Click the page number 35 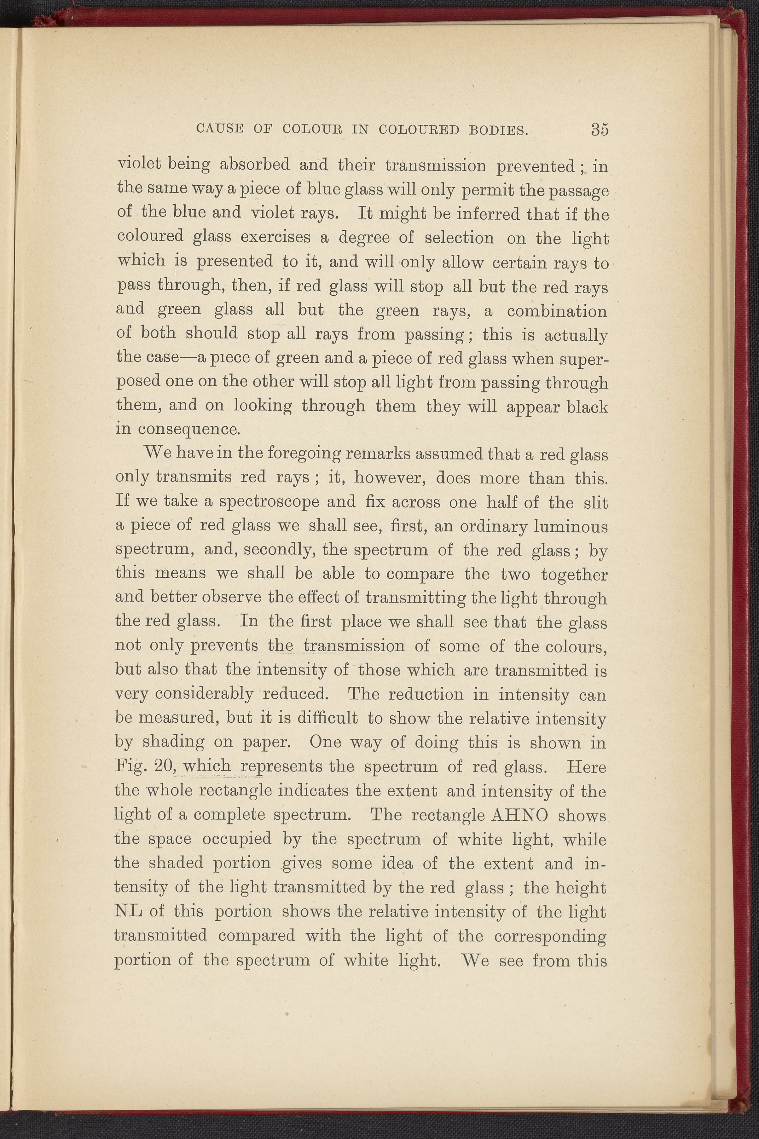(x=599, y=130)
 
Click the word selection (x=459, y=238)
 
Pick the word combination (x=557, y=311)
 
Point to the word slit (x=595, y=502)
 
